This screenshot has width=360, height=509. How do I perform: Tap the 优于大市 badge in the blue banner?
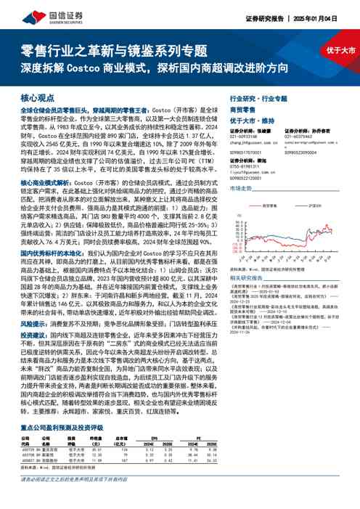click(335, 51)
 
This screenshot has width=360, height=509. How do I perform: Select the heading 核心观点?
click(37, 97)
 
